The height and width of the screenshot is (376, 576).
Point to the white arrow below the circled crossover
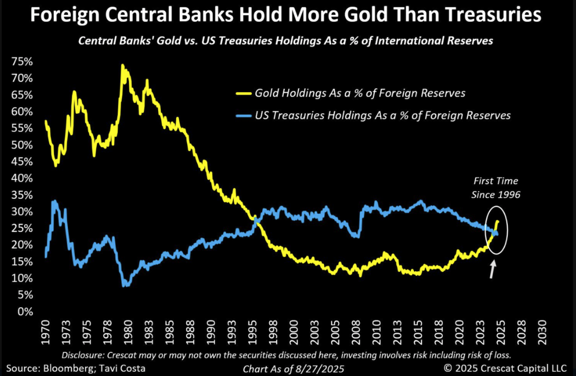493,269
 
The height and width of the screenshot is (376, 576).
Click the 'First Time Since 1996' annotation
496,188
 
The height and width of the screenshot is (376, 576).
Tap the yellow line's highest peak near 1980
122,66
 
